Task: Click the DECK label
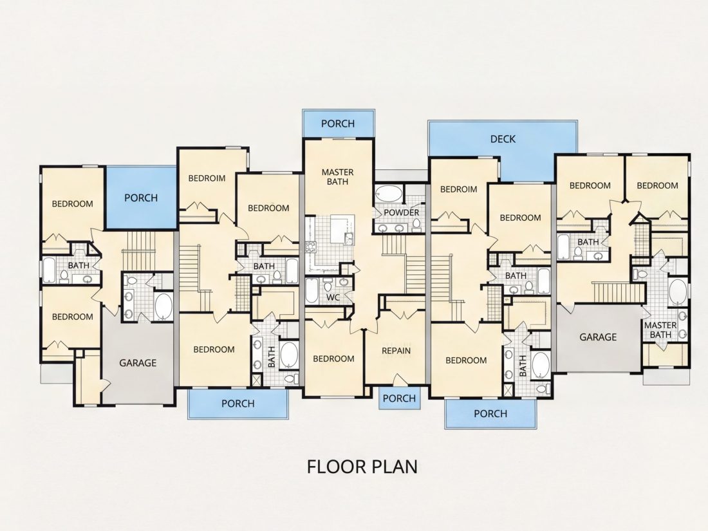(x=503, y=139)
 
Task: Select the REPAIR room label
(x=396, y=350)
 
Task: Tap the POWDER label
(x=402, y=212)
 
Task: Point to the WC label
(x=333, y=297)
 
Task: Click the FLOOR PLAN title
(x=362, y=467)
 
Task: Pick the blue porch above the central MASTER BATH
(x=338, y=124)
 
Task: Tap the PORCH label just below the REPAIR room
(x=399, y=398)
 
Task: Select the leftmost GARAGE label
(x=138, y=363)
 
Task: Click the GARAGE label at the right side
(x=598, y=337)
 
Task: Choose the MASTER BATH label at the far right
(x=660, y=330)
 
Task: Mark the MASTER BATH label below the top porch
(x=338, y=177)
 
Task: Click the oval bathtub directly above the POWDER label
(x=389, y=194)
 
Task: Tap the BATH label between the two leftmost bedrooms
(x=79, y=265)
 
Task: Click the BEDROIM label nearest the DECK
(x=458, y=189)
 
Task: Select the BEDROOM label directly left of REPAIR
(x=333, y=359)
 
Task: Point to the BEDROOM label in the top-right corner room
(x=657, y=185)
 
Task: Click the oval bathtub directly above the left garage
(x=163, y=306)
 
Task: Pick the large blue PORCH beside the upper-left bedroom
(x=140, y=198)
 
